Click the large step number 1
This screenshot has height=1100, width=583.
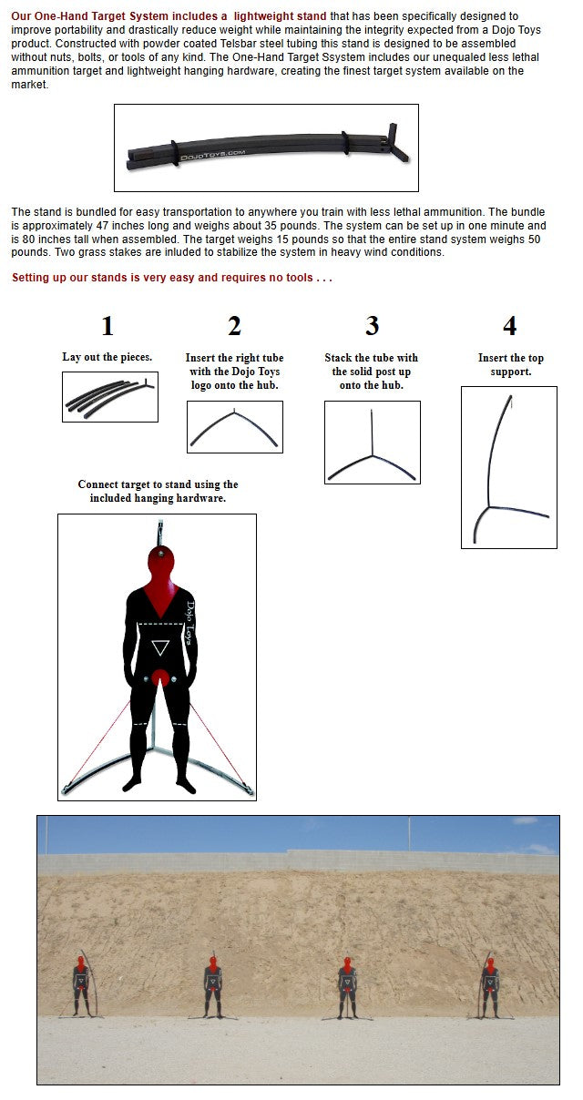click(x=107, y=326)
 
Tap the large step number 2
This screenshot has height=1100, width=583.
click(x=234, y=326)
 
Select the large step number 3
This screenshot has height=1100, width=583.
click(x=372, y=326)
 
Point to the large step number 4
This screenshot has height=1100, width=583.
click(x=510, y=326)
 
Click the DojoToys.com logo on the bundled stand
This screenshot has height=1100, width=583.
click(x=212, y=155)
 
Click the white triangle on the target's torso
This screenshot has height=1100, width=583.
click(x=160, y=647)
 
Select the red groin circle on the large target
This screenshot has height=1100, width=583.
click(x=160, y=677)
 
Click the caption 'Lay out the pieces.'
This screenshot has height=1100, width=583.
click(x=107, y=357)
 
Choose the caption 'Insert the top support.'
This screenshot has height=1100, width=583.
click(x=511, y=364)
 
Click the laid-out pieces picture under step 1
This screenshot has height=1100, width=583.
click(x=110, y=397)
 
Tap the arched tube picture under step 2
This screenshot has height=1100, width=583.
click(x=235, y=427)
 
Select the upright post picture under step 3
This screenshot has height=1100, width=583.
click(x=373, y=443)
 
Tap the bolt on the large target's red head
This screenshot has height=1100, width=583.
click(x=161, y=554)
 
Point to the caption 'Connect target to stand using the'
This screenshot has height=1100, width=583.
click(x=158, y=484)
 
